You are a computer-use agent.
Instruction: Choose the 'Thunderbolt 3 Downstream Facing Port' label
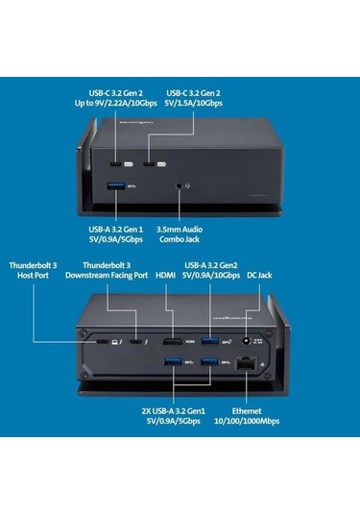click(114, 269)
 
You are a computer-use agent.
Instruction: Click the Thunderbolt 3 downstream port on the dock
click(136, 341)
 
